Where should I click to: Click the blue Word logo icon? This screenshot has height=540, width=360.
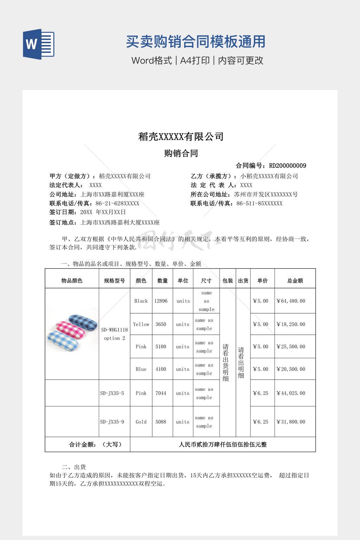[x=39, y=44]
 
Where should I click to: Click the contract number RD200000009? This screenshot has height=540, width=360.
[x=287, y=166]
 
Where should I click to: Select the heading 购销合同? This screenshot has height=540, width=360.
[x=181, y=153]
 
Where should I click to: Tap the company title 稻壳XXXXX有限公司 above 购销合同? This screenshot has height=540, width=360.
[x=181, y=137]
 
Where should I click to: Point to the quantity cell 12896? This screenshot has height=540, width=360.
[x=161, y=301]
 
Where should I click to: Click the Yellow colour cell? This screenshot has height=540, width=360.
[x=141, y=324]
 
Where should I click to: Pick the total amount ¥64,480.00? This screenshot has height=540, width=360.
[x=291, y=301]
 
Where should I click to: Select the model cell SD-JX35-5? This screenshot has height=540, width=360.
[x=112, y=393]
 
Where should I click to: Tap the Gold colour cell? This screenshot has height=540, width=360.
[x=141, y=422]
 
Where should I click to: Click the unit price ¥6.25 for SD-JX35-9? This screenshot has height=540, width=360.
[x=261, y=422]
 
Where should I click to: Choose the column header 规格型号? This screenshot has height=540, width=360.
[x=114, y=281]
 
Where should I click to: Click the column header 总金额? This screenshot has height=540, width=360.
[x=295, y=281]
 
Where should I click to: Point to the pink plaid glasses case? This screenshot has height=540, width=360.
[x=71, y=329]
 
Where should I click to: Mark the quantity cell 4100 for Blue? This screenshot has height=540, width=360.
[x=161, y=369]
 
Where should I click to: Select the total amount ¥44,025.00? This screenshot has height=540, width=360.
[x=291, y=393]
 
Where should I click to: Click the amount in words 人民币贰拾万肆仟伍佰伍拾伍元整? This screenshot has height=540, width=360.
[x=223, y=444]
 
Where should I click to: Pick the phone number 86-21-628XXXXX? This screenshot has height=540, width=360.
[x=117, y=203]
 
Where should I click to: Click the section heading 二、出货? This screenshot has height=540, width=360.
[x=74, y=467]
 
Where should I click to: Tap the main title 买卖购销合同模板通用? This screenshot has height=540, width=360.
[x=195, y=41]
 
